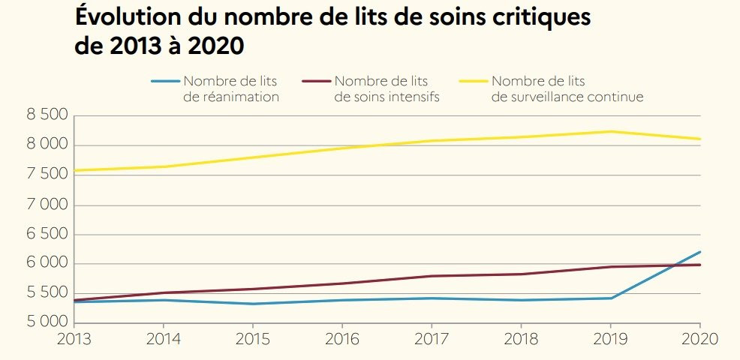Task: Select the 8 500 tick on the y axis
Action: point(47,115)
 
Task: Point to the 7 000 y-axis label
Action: point(47,205)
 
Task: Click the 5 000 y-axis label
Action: point(47,323)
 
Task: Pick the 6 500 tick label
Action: point(47,234)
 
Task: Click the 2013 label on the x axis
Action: point(74,339)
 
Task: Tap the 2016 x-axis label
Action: point(342,339)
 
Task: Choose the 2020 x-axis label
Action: point(699,339)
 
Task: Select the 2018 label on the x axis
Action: point(522,339)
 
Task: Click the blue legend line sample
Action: point(165,81)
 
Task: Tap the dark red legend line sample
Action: point(316,81)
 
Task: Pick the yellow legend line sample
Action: point(473,81)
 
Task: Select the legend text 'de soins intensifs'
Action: point(387,97)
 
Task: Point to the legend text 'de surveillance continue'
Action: point(568,97)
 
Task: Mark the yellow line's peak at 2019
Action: point(611,132)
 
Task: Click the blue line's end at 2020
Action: point(700,252)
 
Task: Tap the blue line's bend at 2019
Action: point(611,298)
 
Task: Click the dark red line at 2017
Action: point(432,276)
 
